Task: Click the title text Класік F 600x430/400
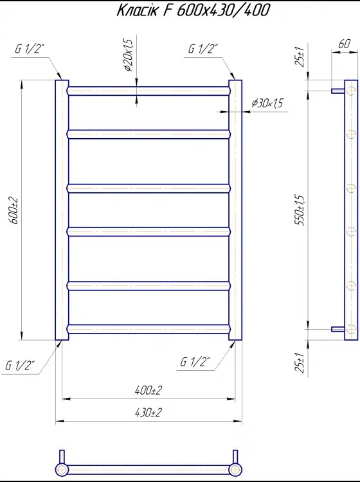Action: (194, 10)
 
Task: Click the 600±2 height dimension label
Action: (15, 211)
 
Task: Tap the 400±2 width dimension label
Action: (148, 390)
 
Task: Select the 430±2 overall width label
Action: (148, 413)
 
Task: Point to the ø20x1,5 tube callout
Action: (128, 55)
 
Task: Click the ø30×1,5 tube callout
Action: (267, 103)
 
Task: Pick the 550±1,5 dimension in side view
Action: (300, 210)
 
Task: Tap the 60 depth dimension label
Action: (344, 44)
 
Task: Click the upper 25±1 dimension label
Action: (300, 57)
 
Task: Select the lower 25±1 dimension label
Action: (300, 363)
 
